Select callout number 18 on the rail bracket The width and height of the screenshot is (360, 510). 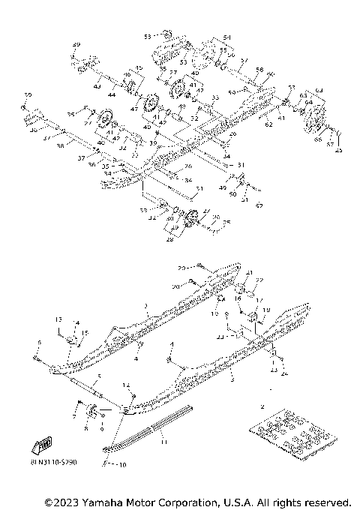click(266, 309)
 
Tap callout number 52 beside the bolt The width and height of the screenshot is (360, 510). click(259, 205)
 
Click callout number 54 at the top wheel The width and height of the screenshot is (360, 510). click(226, 37)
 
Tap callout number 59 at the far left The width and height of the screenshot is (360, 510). click(26, 94)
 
